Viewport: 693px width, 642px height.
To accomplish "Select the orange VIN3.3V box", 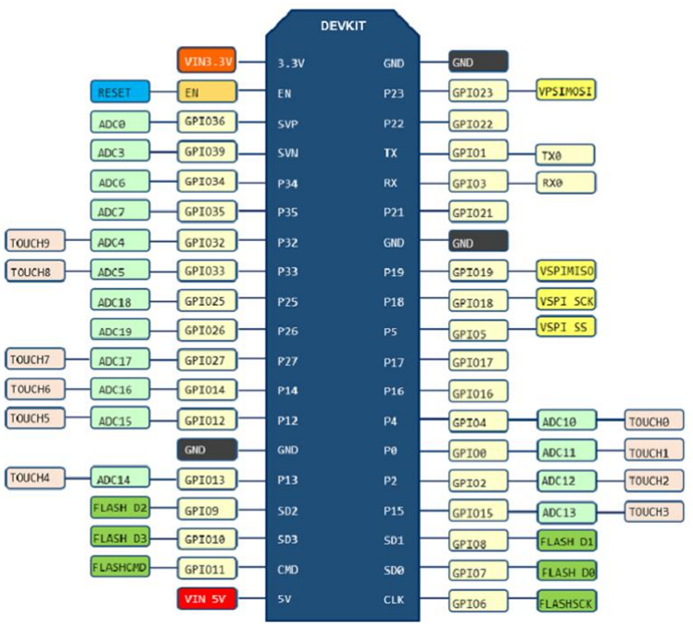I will pos(207,62).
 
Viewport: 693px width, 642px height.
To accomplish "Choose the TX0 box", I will pos(565,154).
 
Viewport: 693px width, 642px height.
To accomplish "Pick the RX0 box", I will pos(565,182).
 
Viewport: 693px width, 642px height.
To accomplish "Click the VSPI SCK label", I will pos(565,300).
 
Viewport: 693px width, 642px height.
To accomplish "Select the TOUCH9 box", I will pos(35,242).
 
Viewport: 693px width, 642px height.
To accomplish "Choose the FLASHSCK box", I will pos(565,602).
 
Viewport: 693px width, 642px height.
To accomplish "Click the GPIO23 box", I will pos(478,92).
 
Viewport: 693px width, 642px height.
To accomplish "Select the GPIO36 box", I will pos(207,122).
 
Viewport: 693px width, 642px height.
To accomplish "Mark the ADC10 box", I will pos(565,421).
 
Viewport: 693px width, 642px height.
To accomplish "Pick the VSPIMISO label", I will pos(565,270).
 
